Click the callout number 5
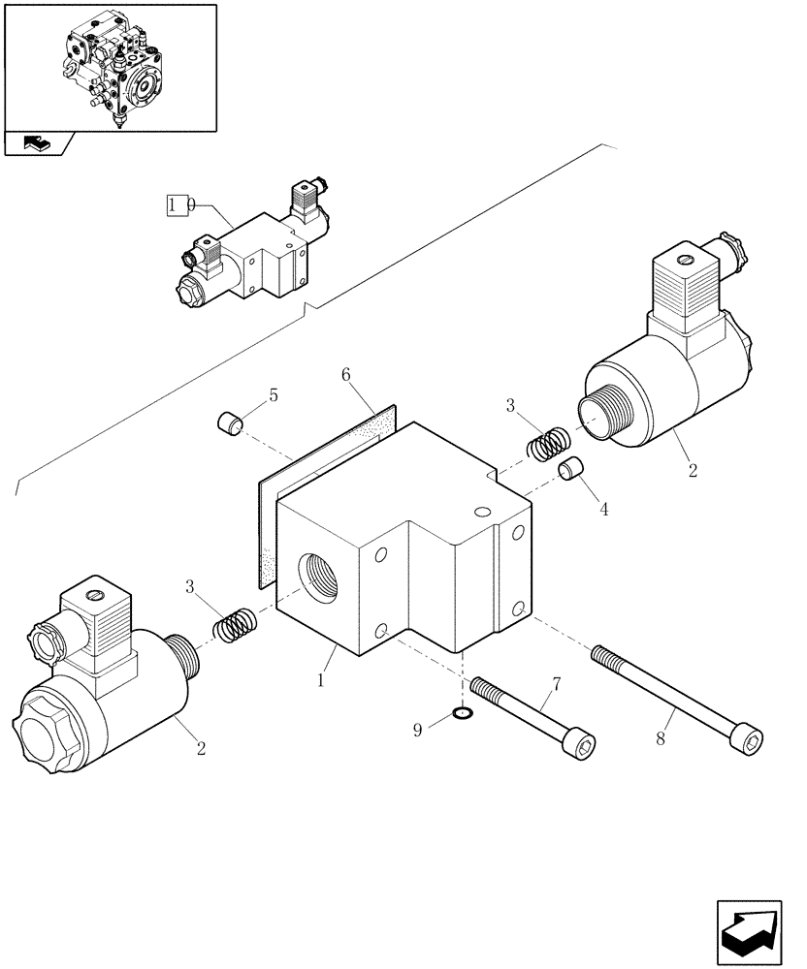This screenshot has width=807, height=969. (273, 395)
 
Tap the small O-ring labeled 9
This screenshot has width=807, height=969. (465, 716)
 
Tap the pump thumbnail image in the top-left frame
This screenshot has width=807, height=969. (110, 68)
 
